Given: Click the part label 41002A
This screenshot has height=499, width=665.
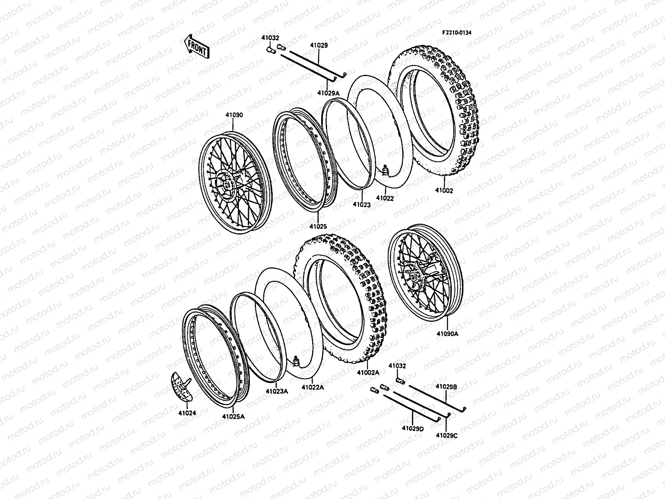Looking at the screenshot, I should [368, 373].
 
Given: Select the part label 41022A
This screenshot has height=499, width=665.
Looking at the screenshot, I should [313, 387].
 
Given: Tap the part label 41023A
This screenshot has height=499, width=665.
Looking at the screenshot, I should [277, 391].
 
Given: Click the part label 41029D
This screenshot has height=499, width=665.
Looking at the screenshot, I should [413, 428].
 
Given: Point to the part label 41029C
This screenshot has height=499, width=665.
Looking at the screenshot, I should [447, 435].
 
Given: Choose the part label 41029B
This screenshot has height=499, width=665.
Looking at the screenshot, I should [446, 387].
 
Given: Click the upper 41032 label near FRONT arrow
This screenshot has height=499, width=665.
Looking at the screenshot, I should [270, 37].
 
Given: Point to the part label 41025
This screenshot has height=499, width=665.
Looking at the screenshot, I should [318, 227].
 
